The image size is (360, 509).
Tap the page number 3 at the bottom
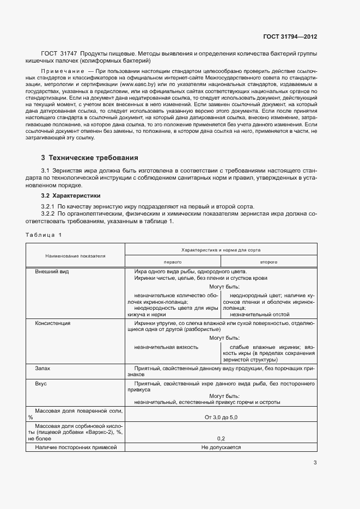click(x=315, y=463)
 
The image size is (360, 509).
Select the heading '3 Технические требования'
click(x=90, y=158)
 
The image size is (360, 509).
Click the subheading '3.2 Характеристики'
click(x=71, y=195)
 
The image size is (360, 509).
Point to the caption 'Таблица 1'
click(x=44, y=235)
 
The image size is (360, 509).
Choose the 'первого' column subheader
click(x=173, y=262)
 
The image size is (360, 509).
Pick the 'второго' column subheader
click(x=269, y=262)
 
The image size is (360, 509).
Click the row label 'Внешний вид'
click(x=52, y=272)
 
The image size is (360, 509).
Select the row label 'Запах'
click(x=43, y=369)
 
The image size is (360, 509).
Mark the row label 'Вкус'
click(x=41, y=384)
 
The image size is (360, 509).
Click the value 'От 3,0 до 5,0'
click(x=221, y=417)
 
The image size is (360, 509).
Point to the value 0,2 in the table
click(x=221, y=438)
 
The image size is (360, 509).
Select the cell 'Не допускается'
click(x=221, y=447)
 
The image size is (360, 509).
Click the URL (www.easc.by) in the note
click(x=139, y=84)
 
